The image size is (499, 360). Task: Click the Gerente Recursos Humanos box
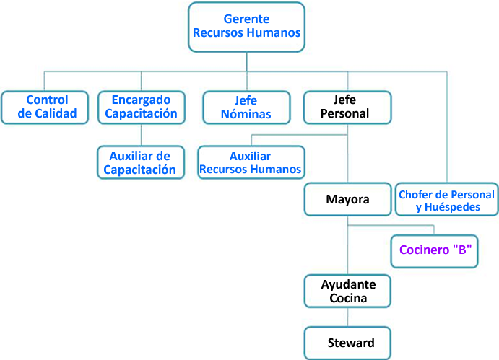[x=246, y=27]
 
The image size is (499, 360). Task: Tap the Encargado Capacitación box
[x=140, y=107]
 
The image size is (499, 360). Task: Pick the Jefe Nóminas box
[x=246, y=107]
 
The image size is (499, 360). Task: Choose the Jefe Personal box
[x=347, y=107]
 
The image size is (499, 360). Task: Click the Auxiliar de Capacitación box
[x=140, y=163]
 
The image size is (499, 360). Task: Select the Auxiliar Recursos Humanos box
[x=251, y=163]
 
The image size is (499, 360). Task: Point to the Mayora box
[x=347, y=199]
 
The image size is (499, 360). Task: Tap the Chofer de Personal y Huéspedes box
[x=446, y=201]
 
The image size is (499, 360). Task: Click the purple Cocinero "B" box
[x=435, y=252]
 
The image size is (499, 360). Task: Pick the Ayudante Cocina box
[x=347, y=291]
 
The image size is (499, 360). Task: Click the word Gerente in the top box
[x=246, y=19]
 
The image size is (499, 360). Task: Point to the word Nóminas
[x=246, y=114]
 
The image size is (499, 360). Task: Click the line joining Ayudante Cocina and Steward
[x=347, y=317]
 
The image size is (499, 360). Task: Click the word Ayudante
[x=347, y=284]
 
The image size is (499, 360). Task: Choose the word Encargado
[x=140, y=100]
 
